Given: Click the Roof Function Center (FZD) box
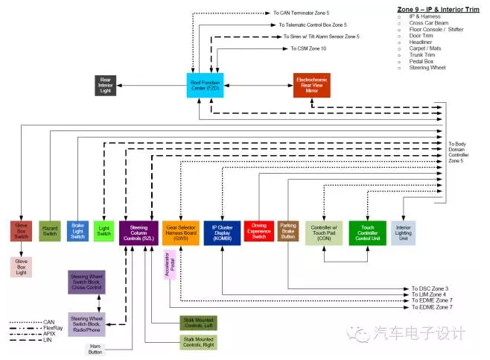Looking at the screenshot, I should click(205, 85).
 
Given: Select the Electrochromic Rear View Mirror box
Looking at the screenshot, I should click(313, 85).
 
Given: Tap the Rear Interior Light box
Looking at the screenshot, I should click(104, 85).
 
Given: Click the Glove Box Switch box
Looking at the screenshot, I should click(21, 232).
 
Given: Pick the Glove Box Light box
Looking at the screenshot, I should click(21, 266).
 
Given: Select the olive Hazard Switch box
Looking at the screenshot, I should click(49, 232).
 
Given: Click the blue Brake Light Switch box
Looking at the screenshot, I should click(77, 232).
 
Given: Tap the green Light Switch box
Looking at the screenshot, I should click(104, 232).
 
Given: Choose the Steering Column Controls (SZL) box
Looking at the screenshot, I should click(138, 233).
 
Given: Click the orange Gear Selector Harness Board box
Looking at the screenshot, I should click(180, 233).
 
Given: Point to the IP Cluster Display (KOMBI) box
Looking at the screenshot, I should click(222, 233).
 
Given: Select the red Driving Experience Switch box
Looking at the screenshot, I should click(258, 232).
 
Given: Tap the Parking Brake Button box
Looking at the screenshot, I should click(288, 231).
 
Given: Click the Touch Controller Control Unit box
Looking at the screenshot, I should click(368, 233).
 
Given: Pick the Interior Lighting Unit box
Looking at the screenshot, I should click(403, 233).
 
